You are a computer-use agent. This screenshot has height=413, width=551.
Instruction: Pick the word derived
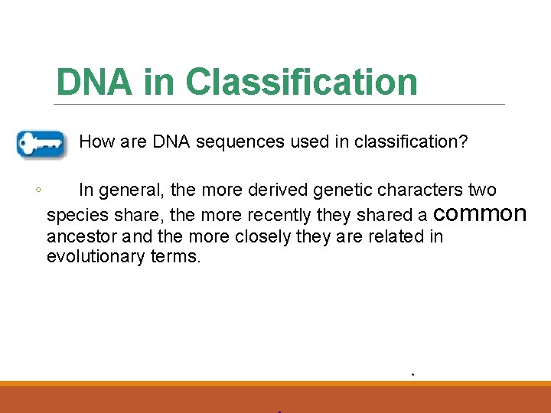(279, 190)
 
